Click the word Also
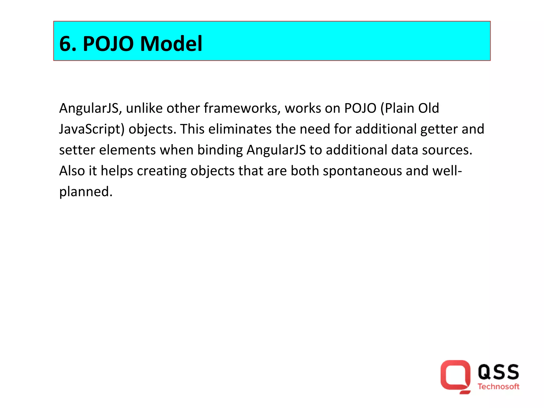[x=72, y=171]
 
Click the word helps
[x=117, y=171]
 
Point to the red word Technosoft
[x=498, y=386]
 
